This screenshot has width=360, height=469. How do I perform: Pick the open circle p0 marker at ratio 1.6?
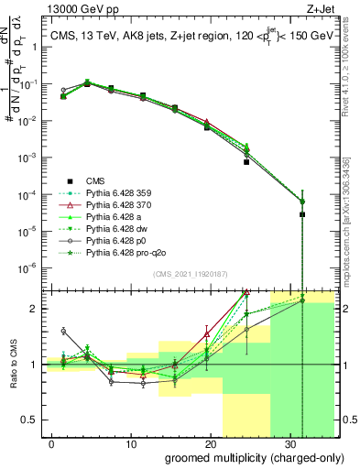click(x=63, y=331)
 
